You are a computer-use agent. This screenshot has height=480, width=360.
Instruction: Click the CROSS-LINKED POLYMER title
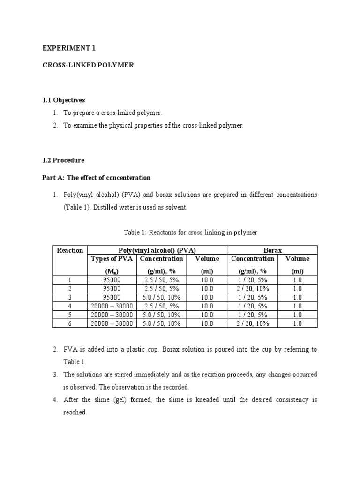(x=88, y=65)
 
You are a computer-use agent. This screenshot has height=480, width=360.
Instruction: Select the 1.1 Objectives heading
(x=64, y=100)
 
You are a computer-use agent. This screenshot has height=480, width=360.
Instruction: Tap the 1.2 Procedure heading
(x=63, y=160)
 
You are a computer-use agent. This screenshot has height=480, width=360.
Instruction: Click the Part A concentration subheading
(x=97, y=178)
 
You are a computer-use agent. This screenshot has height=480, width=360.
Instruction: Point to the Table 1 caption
(x=190, y=232)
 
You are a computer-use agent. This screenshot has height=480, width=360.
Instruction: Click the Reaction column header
(x=70, y=250)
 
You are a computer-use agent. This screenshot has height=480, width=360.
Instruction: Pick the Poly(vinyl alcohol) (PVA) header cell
(x=157, y=250)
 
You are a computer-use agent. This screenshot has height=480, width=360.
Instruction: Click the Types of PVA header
(x=112, y=259)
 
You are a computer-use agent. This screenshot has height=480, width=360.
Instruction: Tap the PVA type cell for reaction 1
(x=112, y=280)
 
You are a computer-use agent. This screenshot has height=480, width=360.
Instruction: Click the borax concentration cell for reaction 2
(x=253, y=289)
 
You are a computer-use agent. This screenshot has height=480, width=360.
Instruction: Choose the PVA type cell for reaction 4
(x=112, y=306)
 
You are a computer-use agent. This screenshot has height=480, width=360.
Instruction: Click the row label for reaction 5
(x=70, y=315)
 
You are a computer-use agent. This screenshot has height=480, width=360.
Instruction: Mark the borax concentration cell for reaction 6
(x=253, y=323)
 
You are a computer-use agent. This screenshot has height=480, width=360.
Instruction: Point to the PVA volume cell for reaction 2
(x=207, y=289)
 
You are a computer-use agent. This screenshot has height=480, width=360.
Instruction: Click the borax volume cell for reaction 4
(x=297, y=306)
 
